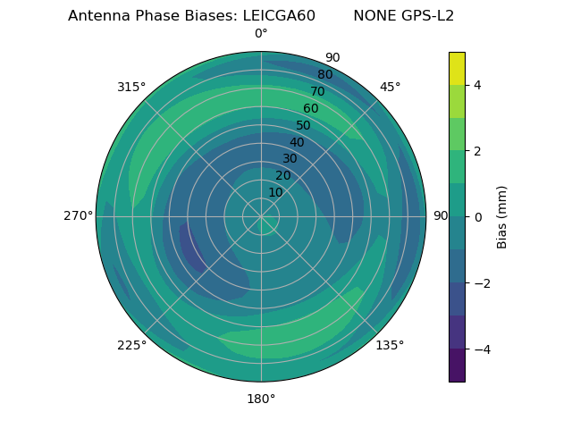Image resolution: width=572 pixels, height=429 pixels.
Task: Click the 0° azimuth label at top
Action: [261, 34]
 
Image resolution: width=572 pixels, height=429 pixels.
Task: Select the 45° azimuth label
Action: [390, 87]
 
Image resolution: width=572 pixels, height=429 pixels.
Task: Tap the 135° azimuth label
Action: [390, 345]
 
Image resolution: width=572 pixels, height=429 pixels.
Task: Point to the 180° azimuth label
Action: [261, 399]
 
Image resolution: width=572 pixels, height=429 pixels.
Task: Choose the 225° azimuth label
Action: [131, 346]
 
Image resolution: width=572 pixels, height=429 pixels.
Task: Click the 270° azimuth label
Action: [78, 215]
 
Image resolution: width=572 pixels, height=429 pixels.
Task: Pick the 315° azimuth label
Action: [131, 87]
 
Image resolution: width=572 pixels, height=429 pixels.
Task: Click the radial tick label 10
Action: [275, 192]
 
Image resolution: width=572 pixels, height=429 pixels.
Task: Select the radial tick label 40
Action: [297, 142]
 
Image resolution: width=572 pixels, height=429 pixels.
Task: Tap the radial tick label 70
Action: [317, 91]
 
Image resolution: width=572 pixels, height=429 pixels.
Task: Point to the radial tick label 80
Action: [324, 75]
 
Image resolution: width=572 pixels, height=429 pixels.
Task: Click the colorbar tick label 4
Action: [477, 85]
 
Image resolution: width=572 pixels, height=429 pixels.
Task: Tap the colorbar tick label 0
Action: [477, 216]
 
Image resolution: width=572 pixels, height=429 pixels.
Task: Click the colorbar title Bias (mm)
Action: [502, 216]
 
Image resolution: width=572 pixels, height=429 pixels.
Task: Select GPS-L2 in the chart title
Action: [423, 16]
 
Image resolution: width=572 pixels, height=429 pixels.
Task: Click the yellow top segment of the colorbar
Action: [457, 68]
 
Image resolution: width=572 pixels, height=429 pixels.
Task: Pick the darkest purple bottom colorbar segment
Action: [457, 366]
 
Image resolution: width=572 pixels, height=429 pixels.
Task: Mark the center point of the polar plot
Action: [261, 216]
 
